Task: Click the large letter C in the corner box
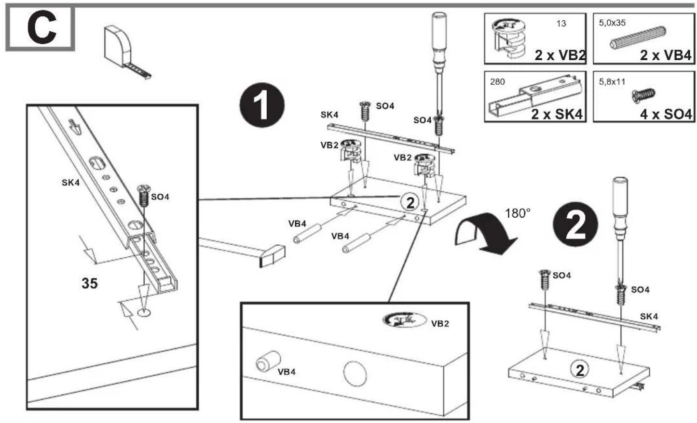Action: [x=41, y=28]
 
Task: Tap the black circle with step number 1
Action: [x=262, y=105]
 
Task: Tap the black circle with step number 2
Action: [x=575, y=225]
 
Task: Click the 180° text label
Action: [x=518, y=213]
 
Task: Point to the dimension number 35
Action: [x=90, y=283]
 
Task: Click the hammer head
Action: [x=272, y=256]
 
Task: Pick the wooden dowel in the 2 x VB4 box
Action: [x=638, y=39]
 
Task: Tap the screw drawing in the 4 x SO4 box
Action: [x=643, y=95]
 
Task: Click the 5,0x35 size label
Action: [x=612, y=23]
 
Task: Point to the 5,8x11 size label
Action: [x=612, y=82]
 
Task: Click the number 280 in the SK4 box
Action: [x=497, y=82]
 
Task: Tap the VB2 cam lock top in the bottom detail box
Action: [x=404, y=320]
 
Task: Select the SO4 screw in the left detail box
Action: [x=143, y=196]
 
